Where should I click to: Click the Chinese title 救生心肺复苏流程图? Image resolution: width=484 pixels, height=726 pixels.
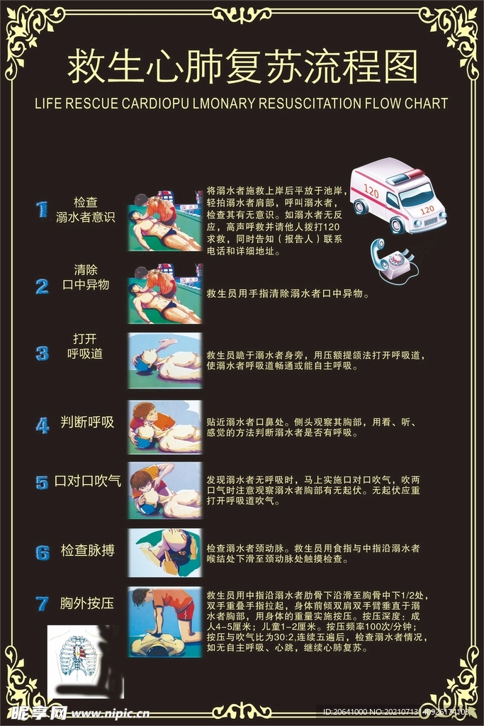pyautogui.click(x=242, y=67)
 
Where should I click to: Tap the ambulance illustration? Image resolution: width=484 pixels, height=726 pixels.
pyautogui.click(x=398, y=194)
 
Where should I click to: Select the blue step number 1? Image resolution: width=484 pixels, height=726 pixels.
pyautogui.click(x=43, y=210)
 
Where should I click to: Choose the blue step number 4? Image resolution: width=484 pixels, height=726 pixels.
pyautogui.click(x=43, y=425)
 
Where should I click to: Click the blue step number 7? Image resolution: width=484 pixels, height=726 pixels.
pyautogui.click(x=43, y=604)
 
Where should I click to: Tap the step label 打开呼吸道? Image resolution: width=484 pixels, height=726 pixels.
pyautogui.click(x=85, y=345)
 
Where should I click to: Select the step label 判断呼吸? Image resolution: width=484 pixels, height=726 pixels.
pyautogui.click(x=87, y=423)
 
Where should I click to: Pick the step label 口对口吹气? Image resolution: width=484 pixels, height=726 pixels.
pyautogui.click(x=88, y=481)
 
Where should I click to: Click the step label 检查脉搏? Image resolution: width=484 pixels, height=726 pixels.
pyautogui.click(x=88, y=550)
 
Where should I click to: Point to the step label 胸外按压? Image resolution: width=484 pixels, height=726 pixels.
pyautogui.click(x=87, y=604)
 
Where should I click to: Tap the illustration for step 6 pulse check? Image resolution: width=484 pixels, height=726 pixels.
pyautogui.click(x=165, y=552)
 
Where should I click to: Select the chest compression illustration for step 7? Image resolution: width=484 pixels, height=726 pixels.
pyautogui.click(x=165, y=622)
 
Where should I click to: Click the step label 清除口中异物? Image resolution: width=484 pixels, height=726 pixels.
pyautogui.click(x=86, y=277)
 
